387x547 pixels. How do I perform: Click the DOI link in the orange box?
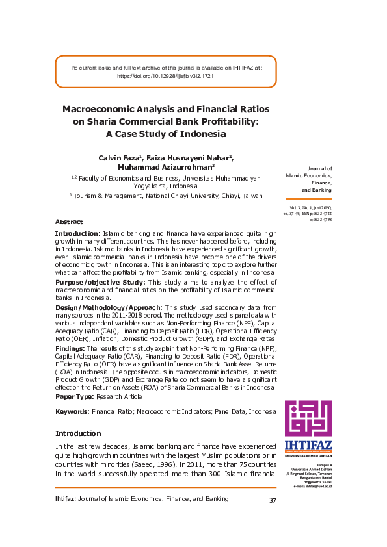pyautogui.click(x=165, y=76)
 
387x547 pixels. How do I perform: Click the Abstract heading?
pyautogui.click(x=69, y=222)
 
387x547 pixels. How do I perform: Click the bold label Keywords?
pyautogui.click(x=72, y=412)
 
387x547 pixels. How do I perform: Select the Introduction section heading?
pyautogui.click(x=78, y=433)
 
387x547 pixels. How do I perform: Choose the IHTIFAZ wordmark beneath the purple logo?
pyautogui.click(x=308, y=445)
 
